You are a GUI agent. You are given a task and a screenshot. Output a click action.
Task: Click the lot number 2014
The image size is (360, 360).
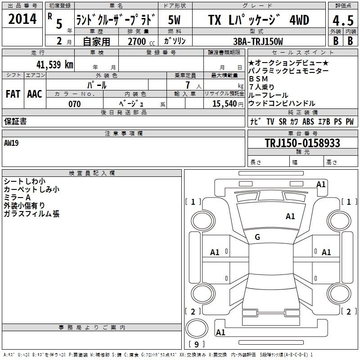22,19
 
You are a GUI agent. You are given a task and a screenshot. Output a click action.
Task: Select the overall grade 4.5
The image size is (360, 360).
343,20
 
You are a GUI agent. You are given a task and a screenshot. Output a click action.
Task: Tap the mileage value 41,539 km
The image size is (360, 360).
54,64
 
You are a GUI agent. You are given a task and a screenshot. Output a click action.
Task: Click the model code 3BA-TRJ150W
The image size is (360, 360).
258,41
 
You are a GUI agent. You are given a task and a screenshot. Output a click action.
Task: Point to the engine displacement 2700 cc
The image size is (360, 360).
141,41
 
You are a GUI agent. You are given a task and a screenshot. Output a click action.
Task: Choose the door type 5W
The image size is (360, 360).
174,20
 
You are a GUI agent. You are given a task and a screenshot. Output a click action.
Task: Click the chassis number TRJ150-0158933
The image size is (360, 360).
302,143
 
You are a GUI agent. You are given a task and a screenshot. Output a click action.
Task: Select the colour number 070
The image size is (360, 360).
74,104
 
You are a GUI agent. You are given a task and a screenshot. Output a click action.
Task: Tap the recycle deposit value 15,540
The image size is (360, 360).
224,104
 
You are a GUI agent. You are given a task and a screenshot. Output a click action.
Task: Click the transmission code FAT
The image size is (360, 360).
13,94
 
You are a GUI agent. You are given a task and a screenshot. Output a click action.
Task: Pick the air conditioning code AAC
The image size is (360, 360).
35,94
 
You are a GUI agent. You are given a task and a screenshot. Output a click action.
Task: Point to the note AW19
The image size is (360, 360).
11,143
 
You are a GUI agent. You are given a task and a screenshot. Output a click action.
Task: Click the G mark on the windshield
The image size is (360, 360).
257,237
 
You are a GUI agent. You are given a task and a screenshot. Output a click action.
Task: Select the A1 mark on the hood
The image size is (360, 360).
290,216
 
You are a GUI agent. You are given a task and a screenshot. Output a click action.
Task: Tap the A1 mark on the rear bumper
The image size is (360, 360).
220,332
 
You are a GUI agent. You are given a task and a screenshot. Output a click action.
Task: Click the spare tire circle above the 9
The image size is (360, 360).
197,328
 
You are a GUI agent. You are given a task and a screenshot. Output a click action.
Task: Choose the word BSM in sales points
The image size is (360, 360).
258,79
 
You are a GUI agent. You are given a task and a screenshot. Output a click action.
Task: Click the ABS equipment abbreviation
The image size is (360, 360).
308,121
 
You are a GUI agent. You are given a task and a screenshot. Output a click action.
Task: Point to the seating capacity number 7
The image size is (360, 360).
188,85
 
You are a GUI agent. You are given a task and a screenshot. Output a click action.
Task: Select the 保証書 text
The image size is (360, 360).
15,121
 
